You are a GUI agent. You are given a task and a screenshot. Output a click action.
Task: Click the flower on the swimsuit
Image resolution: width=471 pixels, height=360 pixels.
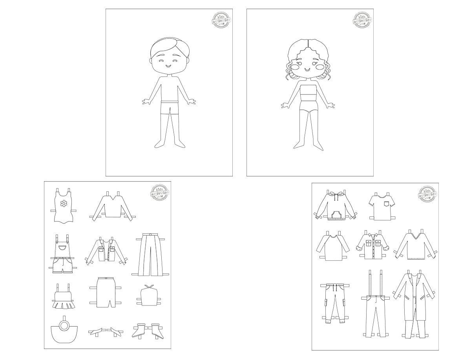tap(64, 203)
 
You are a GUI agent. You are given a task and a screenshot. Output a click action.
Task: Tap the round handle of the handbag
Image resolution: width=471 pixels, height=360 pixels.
tap(64, 325)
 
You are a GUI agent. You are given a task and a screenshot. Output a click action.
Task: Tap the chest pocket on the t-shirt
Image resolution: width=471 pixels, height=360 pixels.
tap(388, 203)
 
